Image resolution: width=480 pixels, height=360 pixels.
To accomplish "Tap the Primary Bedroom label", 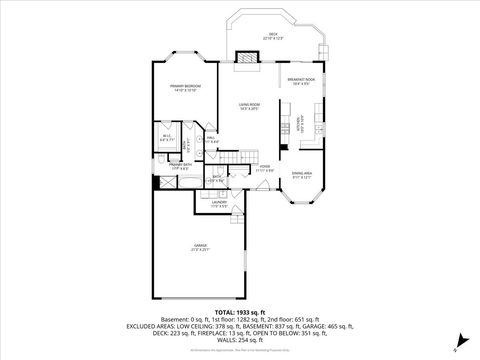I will [183, 89].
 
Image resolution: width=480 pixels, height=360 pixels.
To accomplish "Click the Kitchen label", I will [298, 124].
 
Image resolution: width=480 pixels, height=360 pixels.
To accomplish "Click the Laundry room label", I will [218, 204].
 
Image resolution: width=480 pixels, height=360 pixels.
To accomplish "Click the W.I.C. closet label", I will [165, 138].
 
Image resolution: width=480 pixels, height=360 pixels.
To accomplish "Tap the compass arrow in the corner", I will [456, 346].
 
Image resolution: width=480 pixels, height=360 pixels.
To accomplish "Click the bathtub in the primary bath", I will [159, 182].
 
